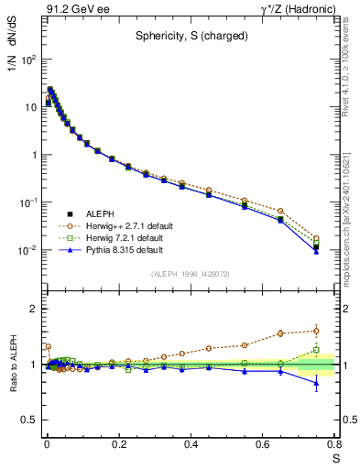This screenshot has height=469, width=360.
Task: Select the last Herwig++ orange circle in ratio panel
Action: click(316, 331)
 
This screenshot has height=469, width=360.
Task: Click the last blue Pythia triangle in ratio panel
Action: click(316, 383)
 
